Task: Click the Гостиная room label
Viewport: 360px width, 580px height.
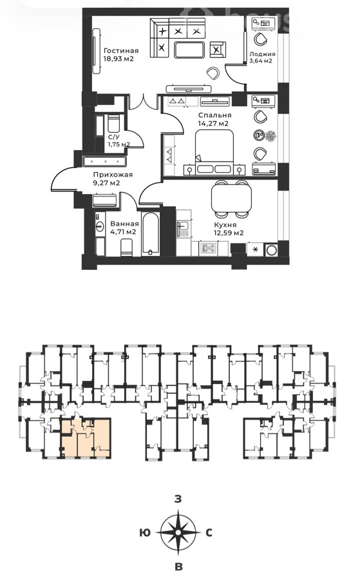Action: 121,51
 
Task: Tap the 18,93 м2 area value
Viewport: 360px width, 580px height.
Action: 118,59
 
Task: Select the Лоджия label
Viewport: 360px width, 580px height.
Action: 262,53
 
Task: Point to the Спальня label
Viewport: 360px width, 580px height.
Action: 214,115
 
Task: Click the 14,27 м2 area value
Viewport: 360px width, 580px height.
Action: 213,124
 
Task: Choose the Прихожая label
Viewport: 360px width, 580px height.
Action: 113,175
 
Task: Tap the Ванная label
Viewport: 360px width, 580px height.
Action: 124,224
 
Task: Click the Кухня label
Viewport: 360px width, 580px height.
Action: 225,224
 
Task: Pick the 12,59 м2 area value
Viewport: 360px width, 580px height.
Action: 229,233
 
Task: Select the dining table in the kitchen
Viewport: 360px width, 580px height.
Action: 231,198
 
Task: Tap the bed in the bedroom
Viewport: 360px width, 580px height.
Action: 214,152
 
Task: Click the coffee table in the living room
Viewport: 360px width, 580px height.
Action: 189,50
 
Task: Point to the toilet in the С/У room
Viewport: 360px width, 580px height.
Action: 113,123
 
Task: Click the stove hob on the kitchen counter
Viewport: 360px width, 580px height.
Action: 209,248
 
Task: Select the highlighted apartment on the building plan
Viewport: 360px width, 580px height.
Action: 86,438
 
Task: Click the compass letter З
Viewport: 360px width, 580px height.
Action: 178,499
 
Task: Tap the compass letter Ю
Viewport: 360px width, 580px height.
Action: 147,533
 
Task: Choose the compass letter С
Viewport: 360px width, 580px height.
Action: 209,533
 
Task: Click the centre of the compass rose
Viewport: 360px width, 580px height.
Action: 178,533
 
